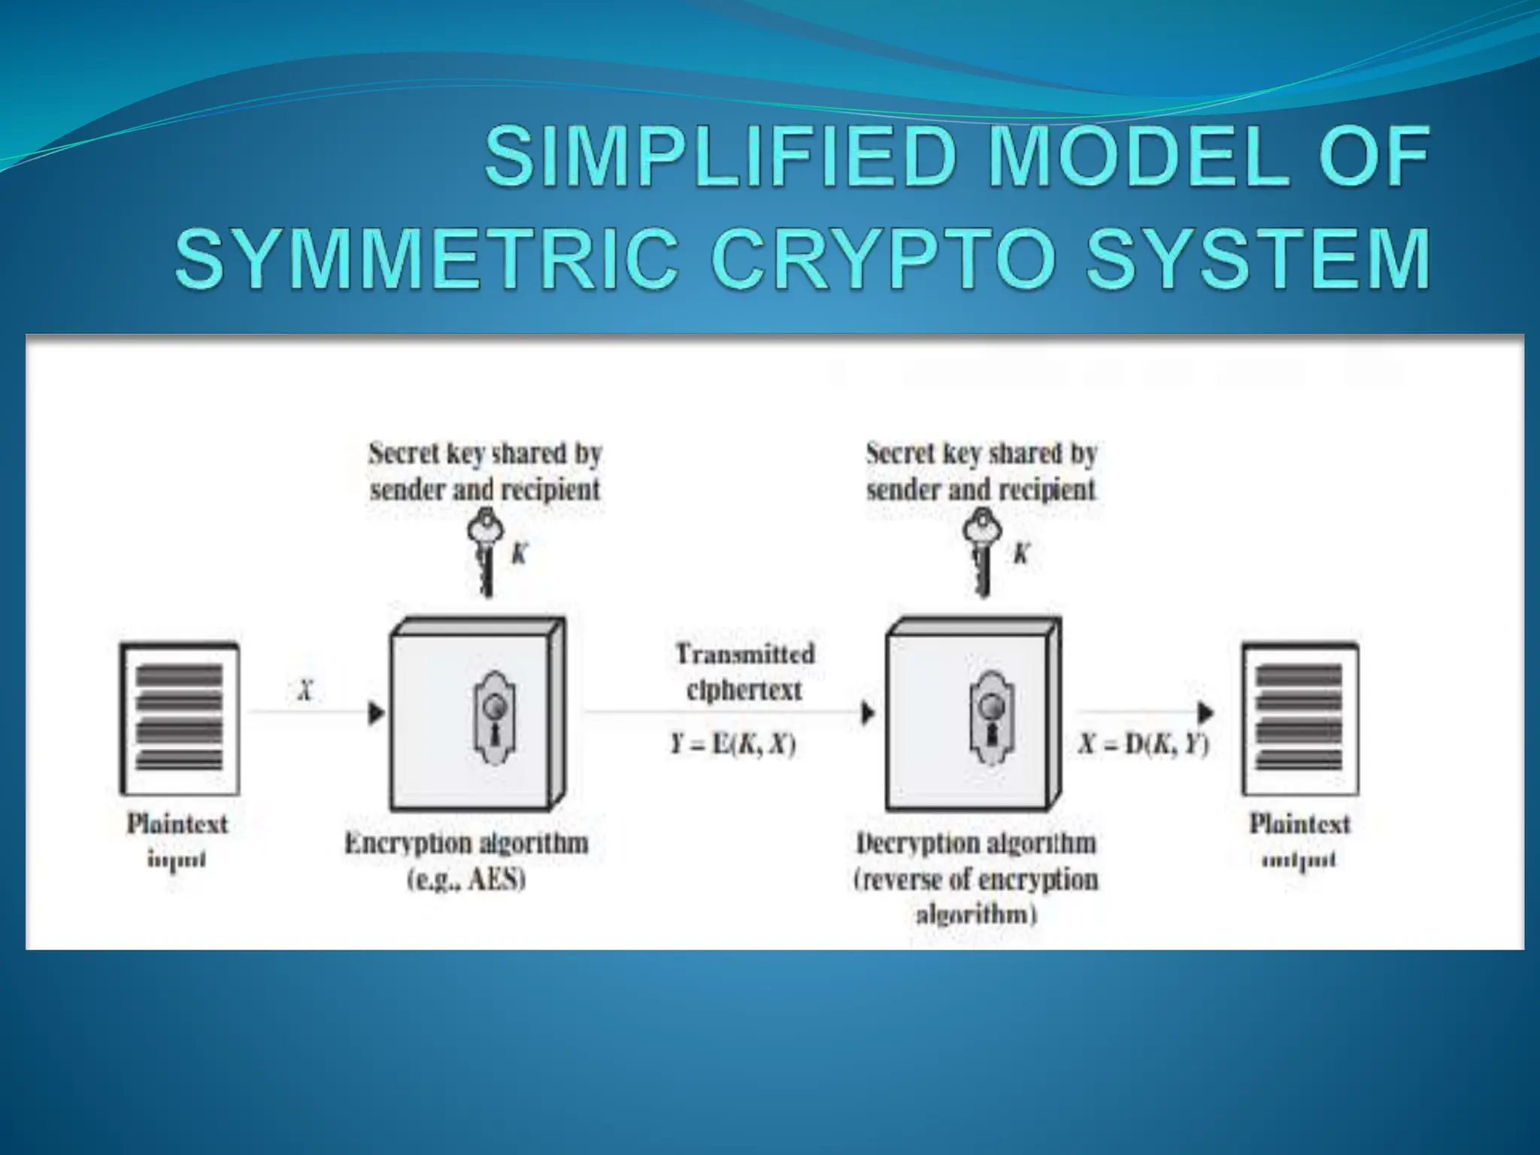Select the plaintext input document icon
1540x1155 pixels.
[180, 719]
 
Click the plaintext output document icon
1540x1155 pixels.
[1299, 719]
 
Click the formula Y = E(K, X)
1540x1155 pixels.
[733, 744]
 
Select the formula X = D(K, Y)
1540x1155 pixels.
[1144, 744]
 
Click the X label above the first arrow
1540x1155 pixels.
[305, 690]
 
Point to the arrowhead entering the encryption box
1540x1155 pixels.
[376, 712]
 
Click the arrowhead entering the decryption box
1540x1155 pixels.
[868, 712]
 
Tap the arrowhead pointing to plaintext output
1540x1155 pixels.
[1205, 711]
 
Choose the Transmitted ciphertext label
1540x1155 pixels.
[744, 671]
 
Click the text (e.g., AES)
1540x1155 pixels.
[466, 879]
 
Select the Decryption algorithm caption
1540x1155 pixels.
[975, 843]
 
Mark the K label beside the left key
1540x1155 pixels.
[519, 554]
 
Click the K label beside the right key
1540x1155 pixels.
[1020, 554]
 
